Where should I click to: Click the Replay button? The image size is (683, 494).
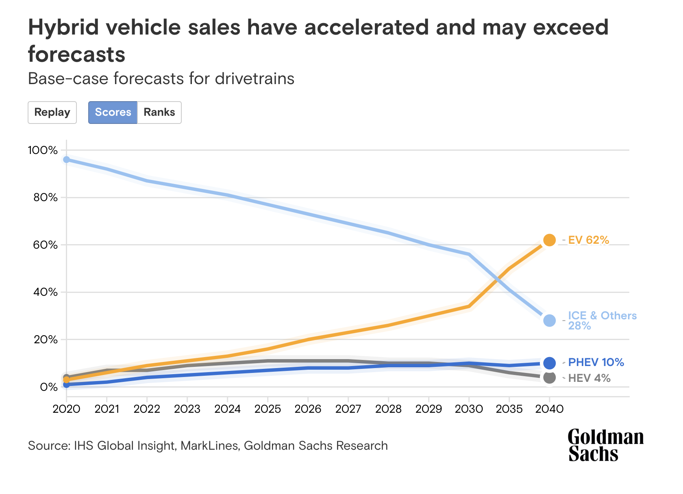(52, 113)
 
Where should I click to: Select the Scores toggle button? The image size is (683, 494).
(113, 113)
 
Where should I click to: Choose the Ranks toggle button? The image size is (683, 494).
(159, 113)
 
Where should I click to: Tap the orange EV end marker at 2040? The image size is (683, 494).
(549, 240)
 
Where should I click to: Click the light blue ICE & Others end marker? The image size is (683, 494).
(549, 321)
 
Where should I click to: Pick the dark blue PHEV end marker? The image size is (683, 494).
(549, 363)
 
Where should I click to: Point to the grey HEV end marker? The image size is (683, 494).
(549, 378)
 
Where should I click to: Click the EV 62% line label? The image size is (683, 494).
(588, 240)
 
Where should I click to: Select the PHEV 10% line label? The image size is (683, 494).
(596, 362)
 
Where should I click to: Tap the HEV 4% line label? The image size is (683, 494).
(589, 378)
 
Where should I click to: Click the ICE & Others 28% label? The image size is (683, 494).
(602, 321)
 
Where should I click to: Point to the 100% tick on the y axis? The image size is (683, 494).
(43, 150)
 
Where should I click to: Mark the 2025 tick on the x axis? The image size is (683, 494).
(268, 409)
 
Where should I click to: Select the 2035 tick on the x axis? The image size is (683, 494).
(509, 409)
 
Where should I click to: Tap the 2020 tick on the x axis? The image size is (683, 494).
(66, 409)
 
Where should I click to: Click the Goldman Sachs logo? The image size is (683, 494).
(605, 445)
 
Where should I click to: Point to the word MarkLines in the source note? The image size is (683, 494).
(209, 446)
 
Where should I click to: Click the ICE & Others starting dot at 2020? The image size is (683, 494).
(66, 160)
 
